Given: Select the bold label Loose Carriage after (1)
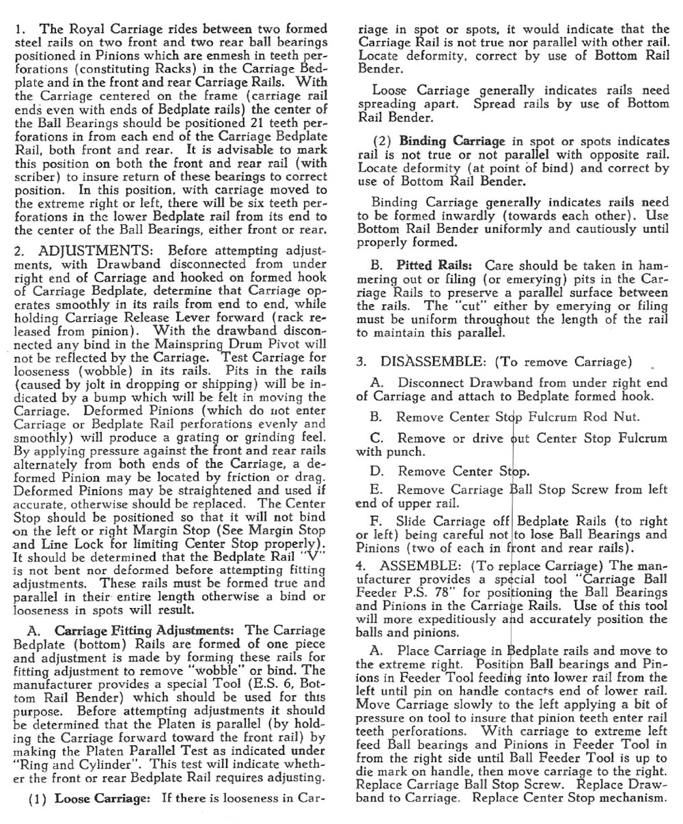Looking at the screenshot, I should tap(104, 797).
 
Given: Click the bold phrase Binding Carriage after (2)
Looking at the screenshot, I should tap(452, 141).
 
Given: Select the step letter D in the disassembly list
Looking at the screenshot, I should tap(376, 471).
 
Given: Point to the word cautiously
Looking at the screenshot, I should tap(579, 230).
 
